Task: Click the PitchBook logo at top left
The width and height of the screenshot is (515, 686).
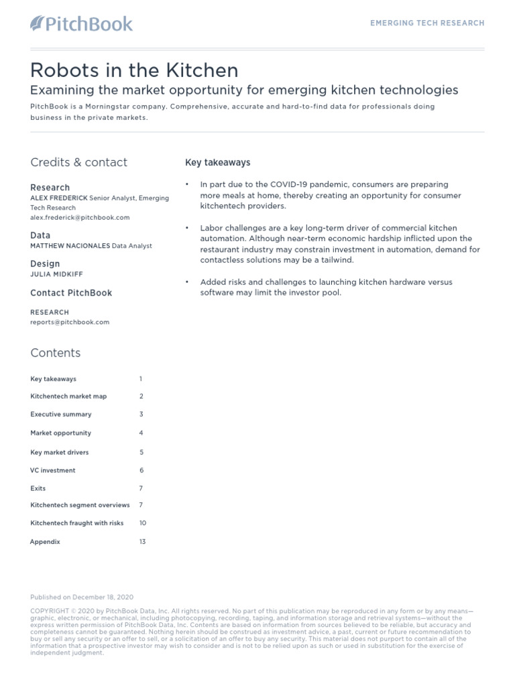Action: click(x=82, y=24)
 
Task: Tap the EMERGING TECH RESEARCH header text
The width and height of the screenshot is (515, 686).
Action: click(x=427, y=23)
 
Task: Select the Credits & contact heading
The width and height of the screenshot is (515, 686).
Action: click(x=78, y=162)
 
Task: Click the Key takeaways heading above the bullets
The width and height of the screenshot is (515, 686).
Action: click(x=217, y=163)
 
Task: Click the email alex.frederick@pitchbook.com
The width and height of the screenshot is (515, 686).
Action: click(x=80, y=218)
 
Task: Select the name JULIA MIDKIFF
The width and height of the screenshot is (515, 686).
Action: click(x=57, y=274)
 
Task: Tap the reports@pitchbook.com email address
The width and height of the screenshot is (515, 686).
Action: click(x=70, y=322)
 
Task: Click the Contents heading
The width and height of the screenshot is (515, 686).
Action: click(x=55, y=353)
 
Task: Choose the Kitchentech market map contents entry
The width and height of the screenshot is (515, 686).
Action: click(x=68, y=396)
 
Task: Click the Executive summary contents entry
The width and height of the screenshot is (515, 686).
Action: click(x=61, y=415)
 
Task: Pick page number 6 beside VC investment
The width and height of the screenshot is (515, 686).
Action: click(x=141, y=471)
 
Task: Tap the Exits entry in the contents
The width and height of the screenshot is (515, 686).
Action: click(x=38, y=488)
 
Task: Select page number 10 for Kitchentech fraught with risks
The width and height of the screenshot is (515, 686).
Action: click(x=143, y=523)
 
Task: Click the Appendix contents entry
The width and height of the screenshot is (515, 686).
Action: click(x=45, y=541)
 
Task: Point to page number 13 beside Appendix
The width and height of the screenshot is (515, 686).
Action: click(x=143, y=541)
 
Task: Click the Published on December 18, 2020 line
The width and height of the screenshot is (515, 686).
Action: click(x=82, y=597)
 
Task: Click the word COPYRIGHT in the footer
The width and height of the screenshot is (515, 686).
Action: click(x=50, y=611)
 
